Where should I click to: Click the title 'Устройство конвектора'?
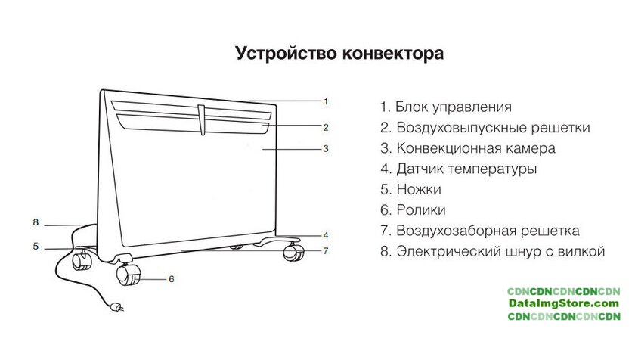point(339,54)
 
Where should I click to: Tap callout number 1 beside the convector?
point(326,101)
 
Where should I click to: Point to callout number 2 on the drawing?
point(326,126)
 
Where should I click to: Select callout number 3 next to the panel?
point(326,149)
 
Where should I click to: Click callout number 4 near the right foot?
point(326,234)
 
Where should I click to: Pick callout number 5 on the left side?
point(36,246)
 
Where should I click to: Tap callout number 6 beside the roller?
point(171,279)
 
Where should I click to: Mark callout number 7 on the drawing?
point(326,250)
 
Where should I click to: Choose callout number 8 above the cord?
point(36,222)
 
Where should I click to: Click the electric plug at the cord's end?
point(116,307)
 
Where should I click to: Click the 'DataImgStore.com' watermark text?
point(563,303)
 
